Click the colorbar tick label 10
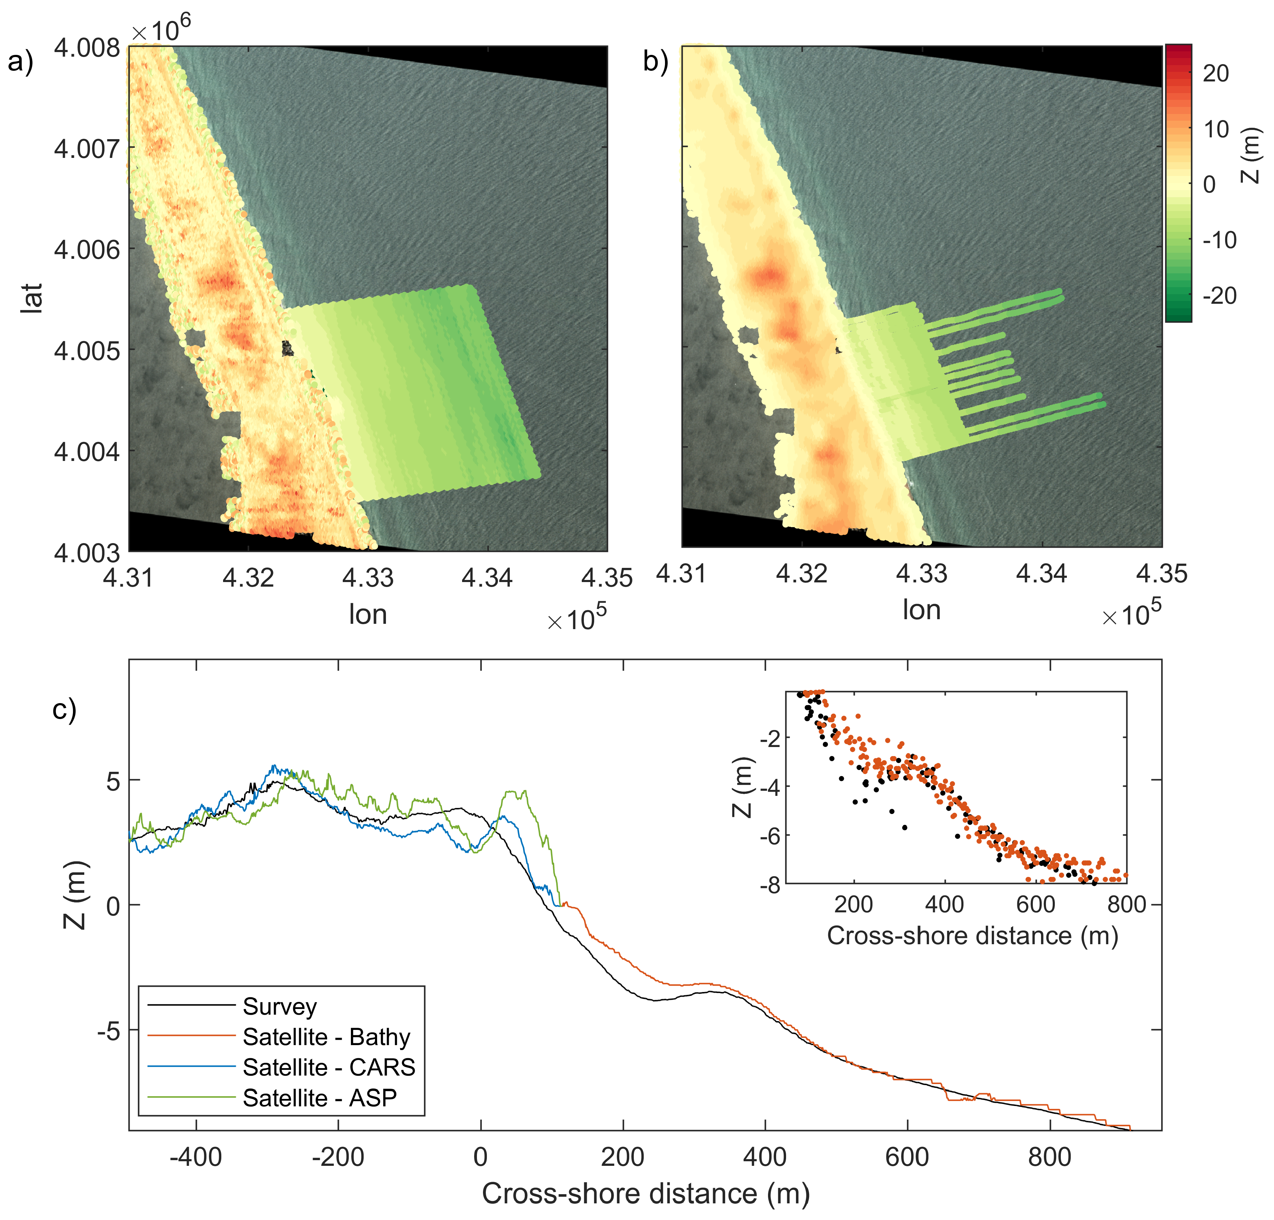click(x=1216, y=129)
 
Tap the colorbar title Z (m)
click(x=1251, y=156)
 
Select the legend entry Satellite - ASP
click(x=319, y=1098)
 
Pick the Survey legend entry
click(x=279, y=1006)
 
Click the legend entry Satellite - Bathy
click(x=326, y=1037)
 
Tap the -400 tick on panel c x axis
click(x=196, y=1157)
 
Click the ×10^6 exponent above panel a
click(x=161, y=29)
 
